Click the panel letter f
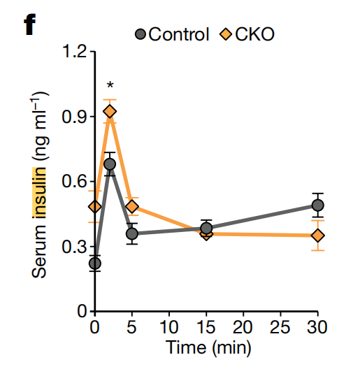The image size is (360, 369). click(x=29, y=26)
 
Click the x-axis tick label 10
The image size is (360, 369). click(x=169, y=328)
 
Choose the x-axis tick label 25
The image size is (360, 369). click(x=280, y=328)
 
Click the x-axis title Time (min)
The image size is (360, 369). click(x=207, y=347)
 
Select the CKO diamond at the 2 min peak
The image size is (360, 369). click(x=110, y=111)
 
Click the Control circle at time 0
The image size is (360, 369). click(x=95, y=263)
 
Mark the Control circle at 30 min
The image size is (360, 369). click(x=317, y=205)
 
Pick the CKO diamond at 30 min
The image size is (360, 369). click(x=317, y=236)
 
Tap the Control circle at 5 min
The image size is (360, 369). click(x=132, y=233)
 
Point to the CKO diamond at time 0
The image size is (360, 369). click(x=95, y=206)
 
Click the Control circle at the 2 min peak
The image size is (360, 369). click(x=110, y=165)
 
